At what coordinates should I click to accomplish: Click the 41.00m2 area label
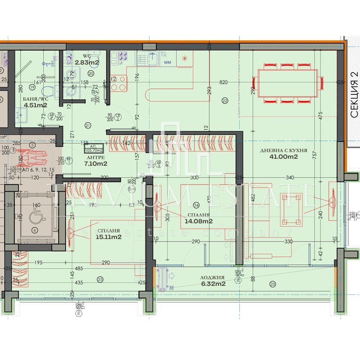[x=284, y=157]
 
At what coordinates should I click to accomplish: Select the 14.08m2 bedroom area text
[x=199, y=221]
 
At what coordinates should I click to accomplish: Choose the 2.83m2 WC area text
[x=87, y=62]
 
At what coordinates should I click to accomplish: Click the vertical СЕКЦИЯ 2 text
[x=354, y=95]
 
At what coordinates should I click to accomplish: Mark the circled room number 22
[x=225, y=101]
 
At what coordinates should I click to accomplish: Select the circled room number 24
[x=196, y=205]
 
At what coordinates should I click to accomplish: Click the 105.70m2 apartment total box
[x=94, y=148]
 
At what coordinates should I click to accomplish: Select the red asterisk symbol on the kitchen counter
[x=185, y=58]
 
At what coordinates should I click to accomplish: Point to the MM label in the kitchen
[x=168, y=62]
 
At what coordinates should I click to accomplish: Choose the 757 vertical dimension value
[x=315, y=155]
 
